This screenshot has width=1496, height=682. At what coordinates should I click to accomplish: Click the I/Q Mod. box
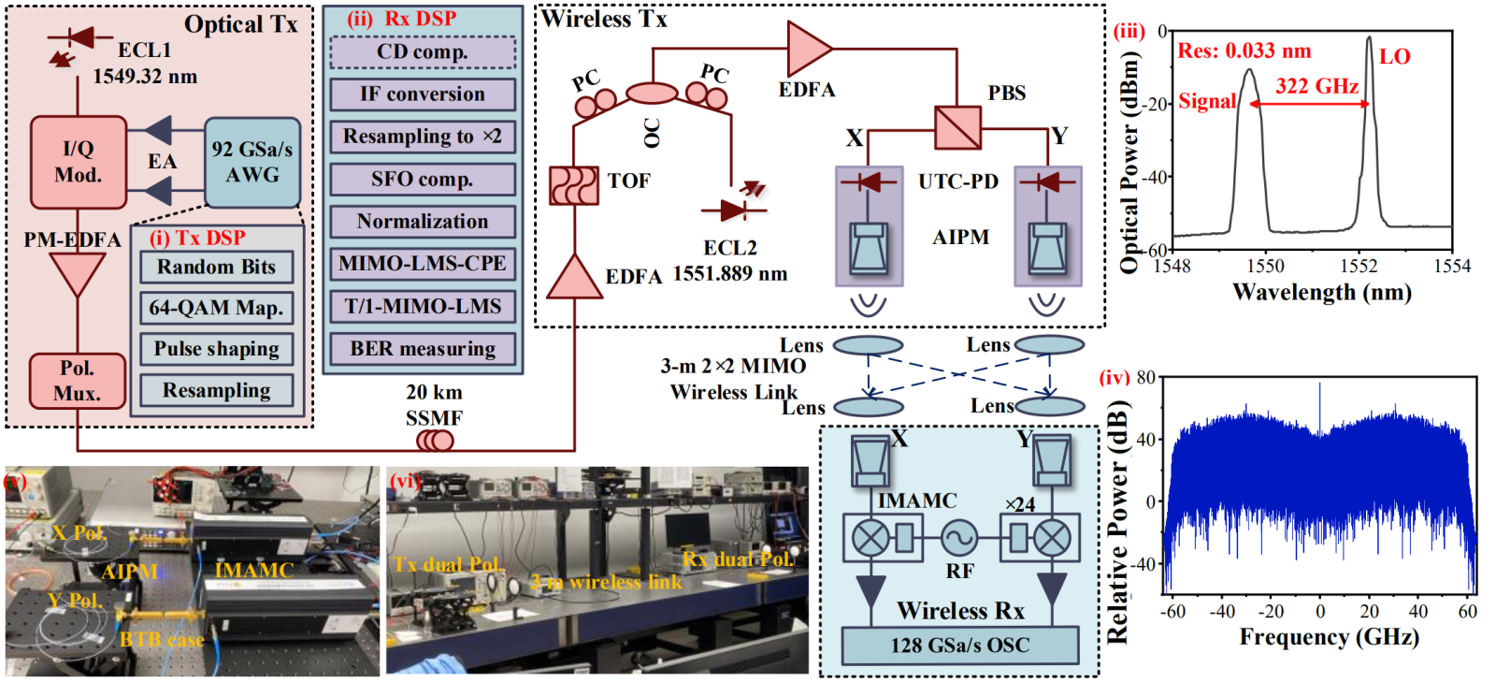tap(79, 162)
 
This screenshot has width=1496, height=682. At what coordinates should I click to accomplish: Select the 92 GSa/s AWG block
tap(252, 162)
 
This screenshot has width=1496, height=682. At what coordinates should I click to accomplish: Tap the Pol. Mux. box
tap(78, 381)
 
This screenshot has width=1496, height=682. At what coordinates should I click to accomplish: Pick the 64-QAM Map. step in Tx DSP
tap(217, 308)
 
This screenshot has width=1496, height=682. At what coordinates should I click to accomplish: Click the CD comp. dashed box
tap(423, 52)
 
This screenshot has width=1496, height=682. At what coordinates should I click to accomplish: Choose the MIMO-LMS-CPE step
tap(423, 264)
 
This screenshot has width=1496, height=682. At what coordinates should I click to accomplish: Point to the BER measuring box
tap(423, 349)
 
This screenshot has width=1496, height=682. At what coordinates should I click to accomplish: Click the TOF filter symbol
tap(574, 185)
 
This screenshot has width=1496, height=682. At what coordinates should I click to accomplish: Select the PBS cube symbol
tap(957, 127)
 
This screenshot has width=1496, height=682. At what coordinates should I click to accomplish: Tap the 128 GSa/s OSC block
tap(960, 646)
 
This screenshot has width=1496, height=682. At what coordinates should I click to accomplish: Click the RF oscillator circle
tap(959, 538)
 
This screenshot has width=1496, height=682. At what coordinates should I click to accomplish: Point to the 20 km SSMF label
tap(434, 405)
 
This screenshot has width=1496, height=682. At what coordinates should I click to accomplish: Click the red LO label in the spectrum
tap(1394, 57)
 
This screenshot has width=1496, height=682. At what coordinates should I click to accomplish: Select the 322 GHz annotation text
tap(1316, 87)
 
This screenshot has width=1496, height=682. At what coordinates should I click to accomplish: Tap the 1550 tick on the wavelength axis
tap(1265, 267)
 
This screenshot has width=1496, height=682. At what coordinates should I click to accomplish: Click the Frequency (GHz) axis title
tap(1329, 638)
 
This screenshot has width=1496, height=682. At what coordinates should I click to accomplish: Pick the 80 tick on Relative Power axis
tap(1145, 378)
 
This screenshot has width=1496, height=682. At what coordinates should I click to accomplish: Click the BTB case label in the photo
tap(162, 640)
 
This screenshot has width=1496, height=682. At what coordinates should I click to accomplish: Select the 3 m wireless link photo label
tap(606, 582)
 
